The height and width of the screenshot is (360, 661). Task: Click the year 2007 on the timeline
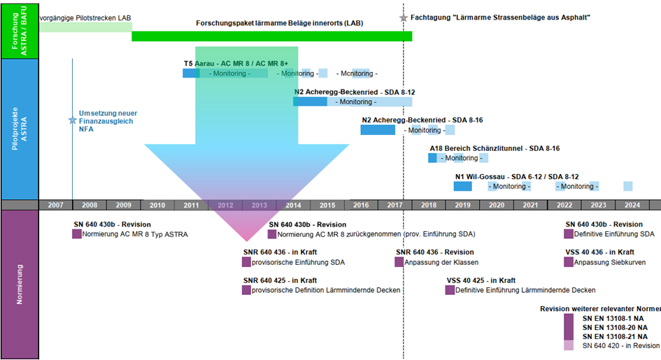click(56, 205)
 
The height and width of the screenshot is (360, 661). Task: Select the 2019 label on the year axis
click(462, 205)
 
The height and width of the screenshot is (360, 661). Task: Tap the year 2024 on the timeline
click(632, 205)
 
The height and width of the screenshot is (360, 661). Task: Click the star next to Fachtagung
click(403, 17)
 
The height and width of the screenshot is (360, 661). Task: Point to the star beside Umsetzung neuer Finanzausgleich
click(72, 120)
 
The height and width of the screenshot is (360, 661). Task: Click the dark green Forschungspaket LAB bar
click(271, 36)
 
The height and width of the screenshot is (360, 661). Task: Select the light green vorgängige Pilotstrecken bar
click(85, 27)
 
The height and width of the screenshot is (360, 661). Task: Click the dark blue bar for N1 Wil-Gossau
click(463, 187)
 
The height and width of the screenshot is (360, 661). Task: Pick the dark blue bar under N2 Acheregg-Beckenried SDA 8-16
click(378, 130)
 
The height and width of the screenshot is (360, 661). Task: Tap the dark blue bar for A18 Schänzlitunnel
click(432, 158)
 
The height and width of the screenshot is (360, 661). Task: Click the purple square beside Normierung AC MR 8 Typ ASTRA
click(77, 234)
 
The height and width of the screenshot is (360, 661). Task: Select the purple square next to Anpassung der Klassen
click(399, 262)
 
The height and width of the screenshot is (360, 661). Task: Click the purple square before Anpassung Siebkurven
click(568, 262)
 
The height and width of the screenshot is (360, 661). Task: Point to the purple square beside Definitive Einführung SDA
click(568, 234)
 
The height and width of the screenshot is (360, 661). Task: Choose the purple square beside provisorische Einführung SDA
click(246, 262)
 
